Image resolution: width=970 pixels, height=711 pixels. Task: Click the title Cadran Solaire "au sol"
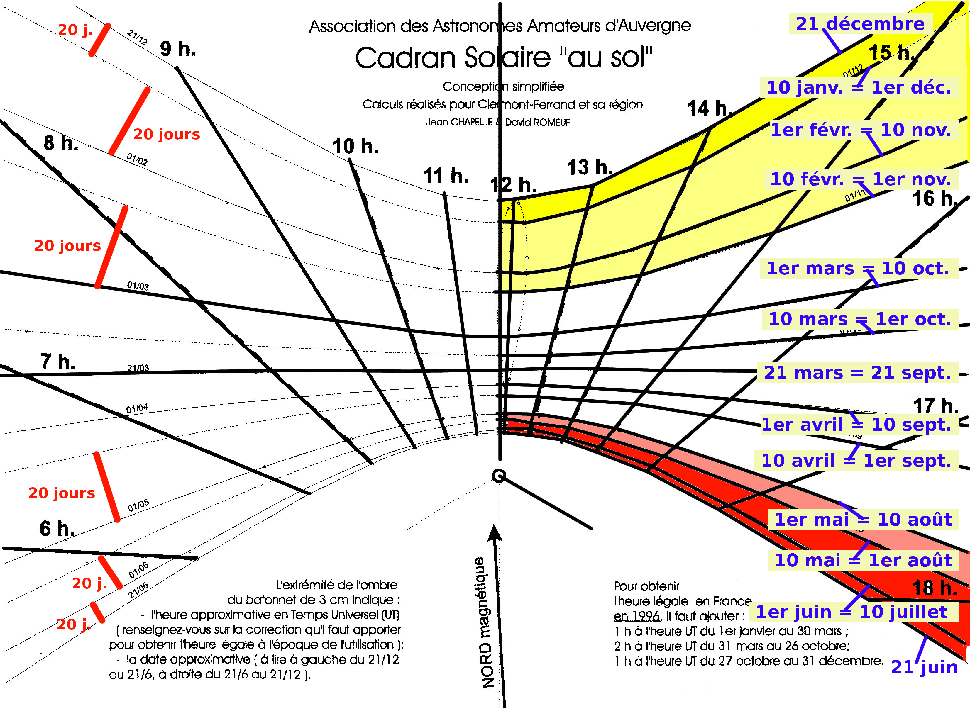coord(503,58)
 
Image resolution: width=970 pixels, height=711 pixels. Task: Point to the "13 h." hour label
coord(589,167)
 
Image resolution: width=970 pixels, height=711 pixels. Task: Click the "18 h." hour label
coord(934,588)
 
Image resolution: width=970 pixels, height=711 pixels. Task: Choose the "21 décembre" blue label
coord(860,24)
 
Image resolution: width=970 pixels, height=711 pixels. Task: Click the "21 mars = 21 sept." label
coord(857,373)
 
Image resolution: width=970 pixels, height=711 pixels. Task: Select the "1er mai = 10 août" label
coord(863,520)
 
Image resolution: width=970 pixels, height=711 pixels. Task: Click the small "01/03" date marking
coord(138,286)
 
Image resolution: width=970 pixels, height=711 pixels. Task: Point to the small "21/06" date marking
coord(138,590)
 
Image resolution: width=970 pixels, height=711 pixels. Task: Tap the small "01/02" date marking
coord(137,159)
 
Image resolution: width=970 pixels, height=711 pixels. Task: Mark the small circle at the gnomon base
coord(499,476)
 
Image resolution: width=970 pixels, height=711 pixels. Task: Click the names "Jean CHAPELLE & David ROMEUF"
coord(498,122)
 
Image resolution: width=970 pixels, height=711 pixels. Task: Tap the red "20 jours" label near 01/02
coord(167,134)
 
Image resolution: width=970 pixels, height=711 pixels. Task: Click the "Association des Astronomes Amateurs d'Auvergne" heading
coord(500,26)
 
